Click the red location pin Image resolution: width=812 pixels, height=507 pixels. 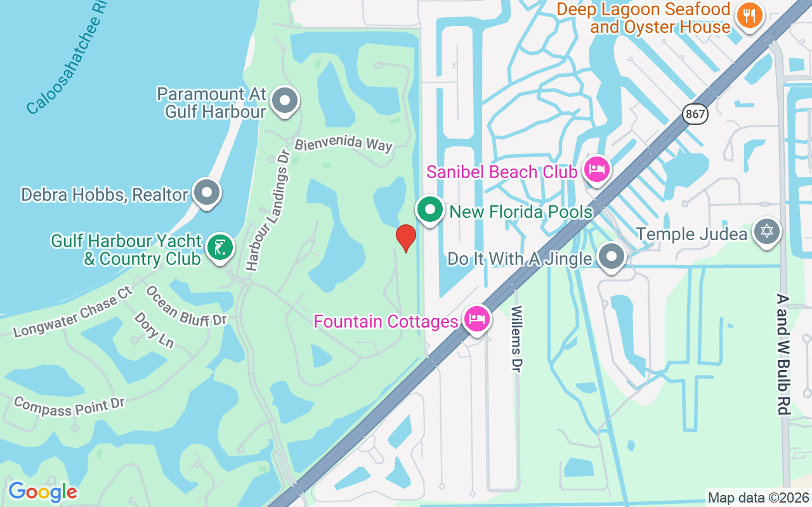[x=406, y=238]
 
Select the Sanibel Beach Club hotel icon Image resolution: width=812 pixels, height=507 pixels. [x=597, y=169]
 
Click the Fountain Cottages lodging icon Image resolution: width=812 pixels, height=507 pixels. [x=476, y=319]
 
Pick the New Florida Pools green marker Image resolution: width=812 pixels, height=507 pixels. [x=430, y=209]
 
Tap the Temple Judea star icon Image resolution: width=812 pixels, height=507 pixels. [x=766, y=231]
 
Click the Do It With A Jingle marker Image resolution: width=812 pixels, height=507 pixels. [x=612, y=257]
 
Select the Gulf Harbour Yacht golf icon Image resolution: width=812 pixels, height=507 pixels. [x=219, y=247]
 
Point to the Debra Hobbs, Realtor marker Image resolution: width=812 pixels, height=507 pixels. [x=206, y=192]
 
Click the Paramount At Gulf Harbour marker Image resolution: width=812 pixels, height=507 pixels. [x=285, y=100]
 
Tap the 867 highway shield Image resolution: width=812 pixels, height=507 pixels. [x=695, y=115]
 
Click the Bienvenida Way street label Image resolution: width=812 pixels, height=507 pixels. [x=343, y=143]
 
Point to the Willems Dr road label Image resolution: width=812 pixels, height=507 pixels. [x=517, y=340]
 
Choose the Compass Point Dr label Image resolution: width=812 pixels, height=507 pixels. [x=69, y=406]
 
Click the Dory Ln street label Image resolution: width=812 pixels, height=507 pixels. [x=154, y=330]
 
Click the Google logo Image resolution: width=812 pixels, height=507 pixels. [x=43, y=492]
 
